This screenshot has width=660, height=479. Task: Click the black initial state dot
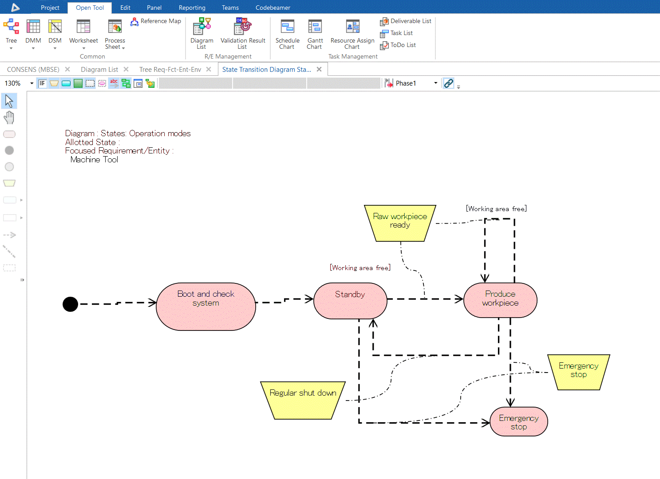click(x=70, y=304)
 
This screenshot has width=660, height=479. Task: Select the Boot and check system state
click(x=206, y=306)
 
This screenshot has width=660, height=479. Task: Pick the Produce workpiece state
click(x=500, y=300)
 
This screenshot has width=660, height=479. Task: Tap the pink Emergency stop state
click(x=518, y=422)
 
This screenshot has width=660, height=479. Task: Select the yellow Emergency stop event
click(x=578, y=372)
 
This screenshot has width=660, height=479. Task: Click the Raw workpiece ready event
click(x=400, y=223)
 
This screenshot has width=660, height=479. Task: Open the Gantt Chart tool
click(x=315, y=34)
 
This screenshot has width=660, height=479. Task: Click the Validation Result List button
click(x=243, y=34)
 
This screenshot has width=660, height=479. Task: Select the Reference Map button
click(x=156, y=21)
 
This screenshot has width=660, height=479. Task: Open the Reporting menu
click(x=192, y=8)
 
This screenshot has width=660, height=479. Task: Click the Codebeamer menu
click(x=273, y=8)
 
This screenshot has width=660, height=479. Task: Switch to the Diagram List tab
click(x=99, y=70)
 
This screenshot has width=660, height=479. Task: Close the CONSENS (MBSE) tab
click(x=67, y=69)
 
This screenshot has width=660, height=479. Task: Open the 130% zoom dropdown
click(x=32, y=83)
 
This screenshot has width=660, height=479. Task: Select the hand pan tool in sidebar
click(x=9, y=118)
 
